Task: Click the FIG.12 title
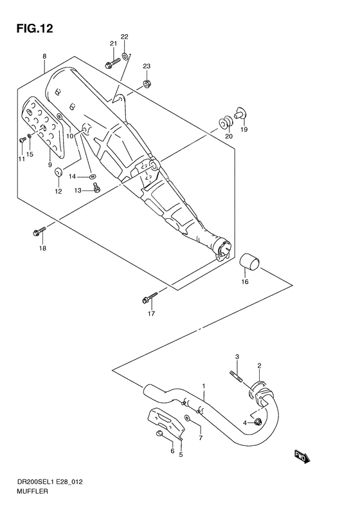point(34,28)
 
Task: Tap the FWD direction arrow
point(303,457)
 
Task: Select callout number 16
point(245,282)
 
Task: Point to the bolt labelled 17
point(150,298)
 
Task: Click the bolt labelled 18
point(40,231)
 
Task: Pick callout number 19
point(244,129)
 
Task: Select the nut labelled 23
point(147,84)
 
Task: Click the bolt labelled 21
point(113,62)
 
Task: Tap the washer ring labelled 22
point(125,52)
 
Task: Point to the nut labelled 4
point(258,422)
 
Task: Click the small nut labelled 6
point(159,432)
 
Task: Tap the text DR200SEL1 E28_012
point(50,482)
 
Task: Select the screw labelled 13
point(96,187)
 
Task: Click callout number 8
point(44,56)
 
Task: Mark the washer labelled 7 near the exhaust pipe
point(188,418)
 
